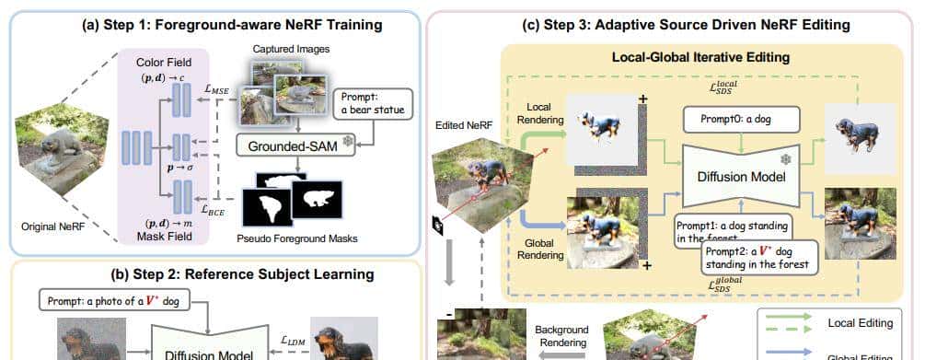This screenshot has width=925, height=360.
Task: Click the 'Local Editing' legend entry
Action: coord(861,322)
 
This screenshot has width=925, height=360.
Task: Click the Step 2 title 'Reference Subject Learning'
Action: coord(216,273)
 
